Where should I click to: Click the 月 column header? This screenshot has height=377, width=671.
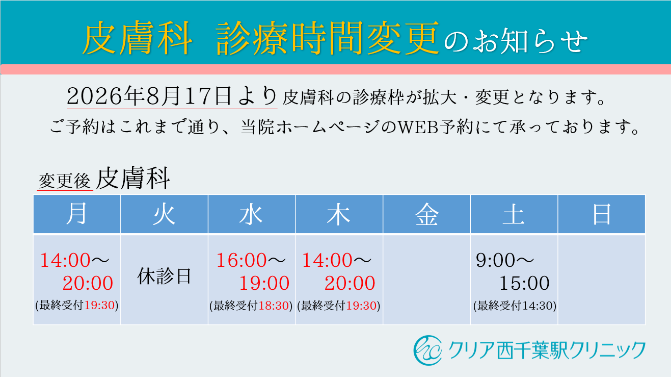coord(77,214)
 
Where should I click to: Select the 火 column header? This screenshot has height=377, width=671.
coord(164,214)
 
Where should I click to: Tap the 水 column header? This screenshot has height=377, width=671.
coord(252,214)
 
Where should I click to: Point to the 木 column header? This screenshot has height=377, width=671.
coord(339,214)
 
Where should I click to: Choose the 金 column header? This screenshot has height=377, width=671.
coord(426,214)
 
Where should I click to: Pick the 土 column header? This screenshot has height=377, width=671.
coord(514,214)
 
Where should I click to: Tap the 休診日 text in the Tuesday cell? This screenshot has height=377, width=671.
coord(164,276)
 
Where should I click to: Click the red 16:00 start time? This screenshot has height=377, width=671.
coord(241,260)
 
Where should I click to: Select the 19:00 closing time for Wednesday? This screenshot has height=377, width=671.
coord(264,283)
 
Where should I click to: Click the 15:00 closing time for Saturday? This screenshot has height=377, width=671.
coord(524,283)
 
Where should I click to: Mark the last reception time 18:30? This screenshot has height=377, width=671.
coord(274,306)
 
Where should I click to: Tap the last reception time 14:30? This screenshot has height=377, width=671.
coord(538,306)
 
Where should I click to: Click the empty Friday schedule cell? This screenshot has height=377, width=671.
coord(426,280)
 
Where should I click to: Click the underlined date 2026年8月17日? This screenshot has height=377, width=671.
coord(149,96)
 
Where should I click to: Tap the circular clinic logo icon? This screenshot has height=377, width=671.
coord(428,350)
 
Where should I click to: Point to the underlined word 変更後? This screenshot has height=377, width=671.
coord(65,181)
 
